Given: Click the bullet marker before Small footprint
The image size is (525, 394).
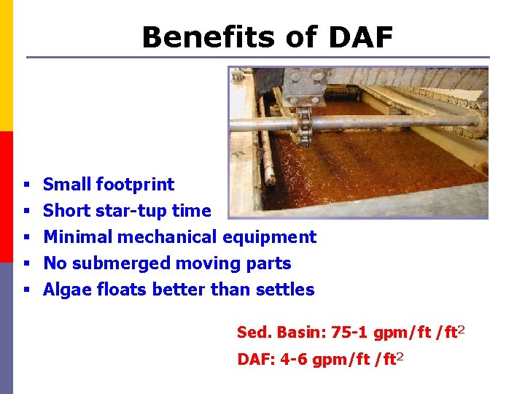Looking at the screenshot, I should coord(26,185).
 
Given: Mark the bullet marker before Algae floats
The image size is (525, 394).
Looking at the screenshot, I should coord(26,290).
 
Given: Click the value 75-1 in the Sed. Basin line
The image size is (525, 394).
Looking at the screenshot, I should coord(349,333).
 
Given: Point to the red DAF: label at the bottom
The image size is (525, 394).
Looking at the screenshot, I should coord(253,359).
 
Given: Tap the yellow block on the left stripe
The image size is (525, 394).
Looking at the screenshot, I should coord(6,66).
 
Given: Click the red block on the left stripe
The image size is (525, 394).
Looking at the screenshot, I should coord(6,197).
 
